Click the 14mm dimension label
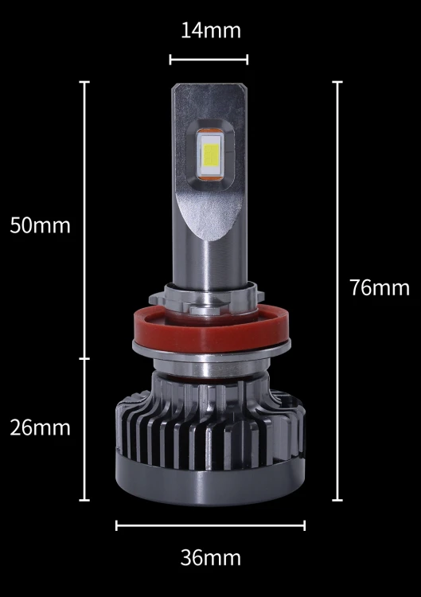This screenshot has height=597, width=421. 210,30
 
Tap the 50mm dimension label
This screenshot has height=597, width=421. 40,225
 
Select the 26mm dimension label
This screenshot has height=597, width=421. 40,427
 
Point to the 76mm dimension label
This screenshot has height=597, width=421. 380,287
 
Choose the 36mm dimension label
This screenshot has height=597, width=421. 210,558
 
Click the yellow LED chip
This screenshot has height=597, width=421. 210,156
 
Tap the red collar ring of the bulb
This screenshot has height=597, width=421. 210,330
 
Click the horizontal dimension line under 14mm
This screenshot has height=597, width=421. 209,60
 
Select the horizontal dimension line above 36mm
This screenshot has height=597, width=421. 210,525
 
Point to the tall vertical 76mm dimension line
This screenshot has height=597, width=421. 337,291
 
